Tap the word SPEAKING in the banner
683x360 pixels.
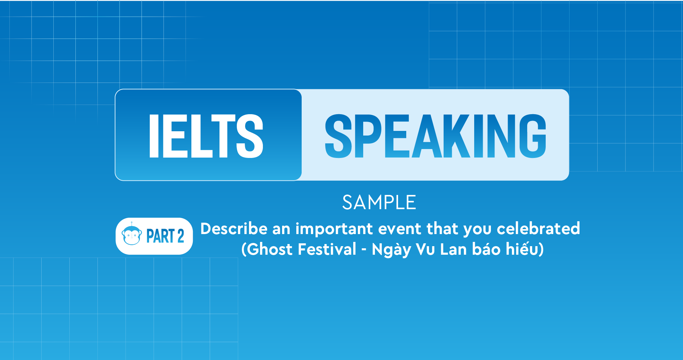point(435,136)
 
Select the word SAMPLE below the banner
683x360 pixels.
point(379,202)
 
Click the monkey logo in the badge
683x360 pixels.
point(132,235)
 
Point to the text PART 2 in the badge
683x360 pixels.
point(165,236)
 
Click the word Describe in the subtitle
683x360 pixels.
point(234,229)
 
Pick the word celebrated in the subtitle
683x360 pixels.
point(538,229)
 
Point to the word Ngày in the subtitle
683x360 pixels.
point(391,250)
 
